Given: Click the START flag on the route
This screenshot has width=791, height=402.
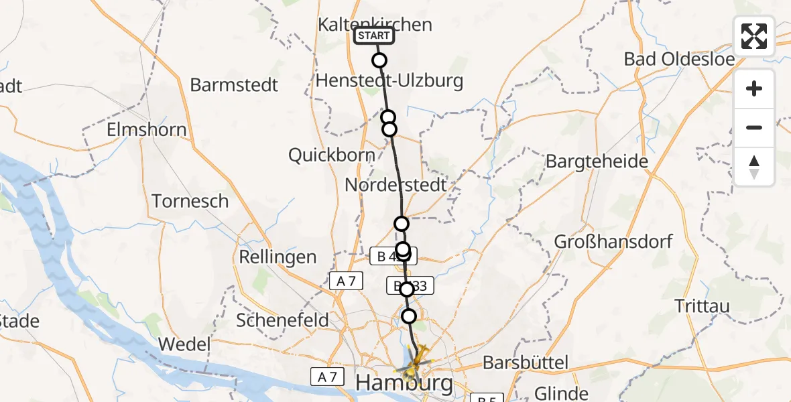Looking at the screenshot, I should click(x=374, y=36).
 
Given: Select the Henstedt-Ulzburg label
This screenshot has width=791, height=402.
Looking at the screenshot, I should click(x=389, y=82).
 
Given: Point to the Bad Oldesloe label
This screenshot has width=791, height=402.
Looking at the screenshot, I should click(x=679, y=58).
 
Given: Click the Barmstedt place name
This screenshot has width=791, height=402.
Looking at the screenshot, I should click(x=234, y=85).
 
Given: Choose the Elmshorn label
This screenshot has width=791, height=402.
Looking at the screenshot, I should click(x=147, y=129).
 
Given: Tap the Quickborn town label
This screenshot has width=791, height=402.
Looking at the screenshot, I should click(x=331, y=155).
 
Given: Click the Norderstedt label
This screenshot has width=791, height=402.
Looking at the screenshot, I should click(x=395, y=185).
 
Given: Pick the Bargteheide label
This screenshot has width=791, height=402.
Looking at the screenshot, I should click(x=597, y=161).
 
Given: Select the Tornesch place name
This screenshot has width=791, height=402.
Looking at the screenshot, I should click(x=190, y=201).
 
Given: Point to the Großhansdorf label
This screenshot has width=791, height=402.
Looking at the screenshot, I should click(x=613, y=241).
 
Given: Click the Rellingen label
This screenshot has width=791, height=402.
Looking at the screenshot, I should click(x=278, y=257).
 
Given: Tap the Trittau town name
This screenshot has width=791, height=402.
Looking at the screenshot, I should click(x=703, y=306).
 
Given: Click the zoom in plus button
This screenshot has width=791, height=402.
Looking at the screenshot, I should click(x=754, y=88).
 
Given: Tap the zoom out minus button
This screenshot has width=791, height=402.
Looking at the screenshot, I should click(x=754, y=127).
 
